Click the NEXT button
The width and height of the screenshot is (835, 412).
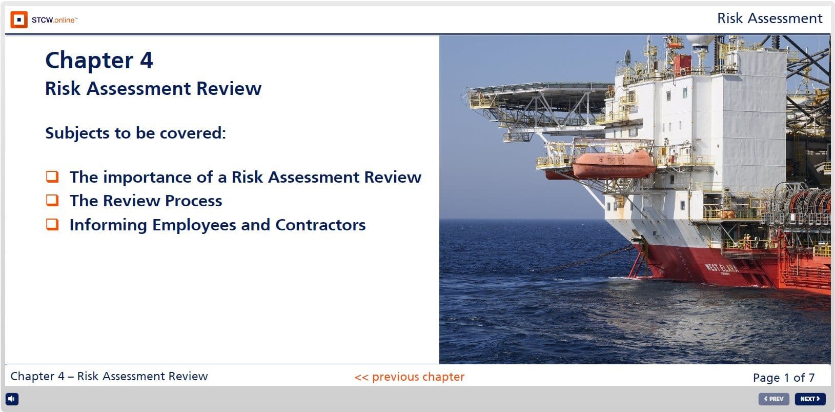[810, 399]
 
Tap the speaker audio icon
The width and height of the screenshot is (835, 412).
[12, 399]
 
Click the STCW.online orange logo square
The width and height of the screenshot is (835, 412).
[19, 20]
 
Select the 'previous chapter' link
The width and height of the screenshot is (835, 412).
[409, 377]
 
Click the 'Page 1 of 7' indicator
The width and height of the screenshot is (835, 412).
[783, 378]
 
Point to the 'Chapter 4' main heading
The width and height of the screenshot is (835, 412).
[99, 61]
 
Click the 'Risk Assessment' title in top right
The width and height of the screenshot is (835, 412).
[769, 18]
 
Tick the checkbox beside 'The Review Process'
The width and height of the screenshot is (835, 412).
[52, 200]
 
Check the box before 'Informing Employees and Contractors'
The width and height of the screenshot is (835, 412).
[52, 224]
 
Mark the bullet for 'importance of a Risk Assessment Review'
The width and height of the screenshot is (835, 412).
[52, 176]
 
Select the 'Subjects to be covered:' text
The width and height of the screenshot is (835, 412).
[135, 133]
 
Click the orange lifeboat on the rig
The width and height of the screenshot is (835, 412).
[614, 164]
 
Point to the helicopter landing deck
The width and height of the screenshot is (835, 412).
[533, 95]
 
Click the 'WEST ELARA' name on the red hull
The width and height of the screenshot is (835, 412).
[722, 268]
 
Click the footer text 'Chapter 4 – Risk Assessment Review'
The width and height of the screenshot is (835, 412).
[109, 376]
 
